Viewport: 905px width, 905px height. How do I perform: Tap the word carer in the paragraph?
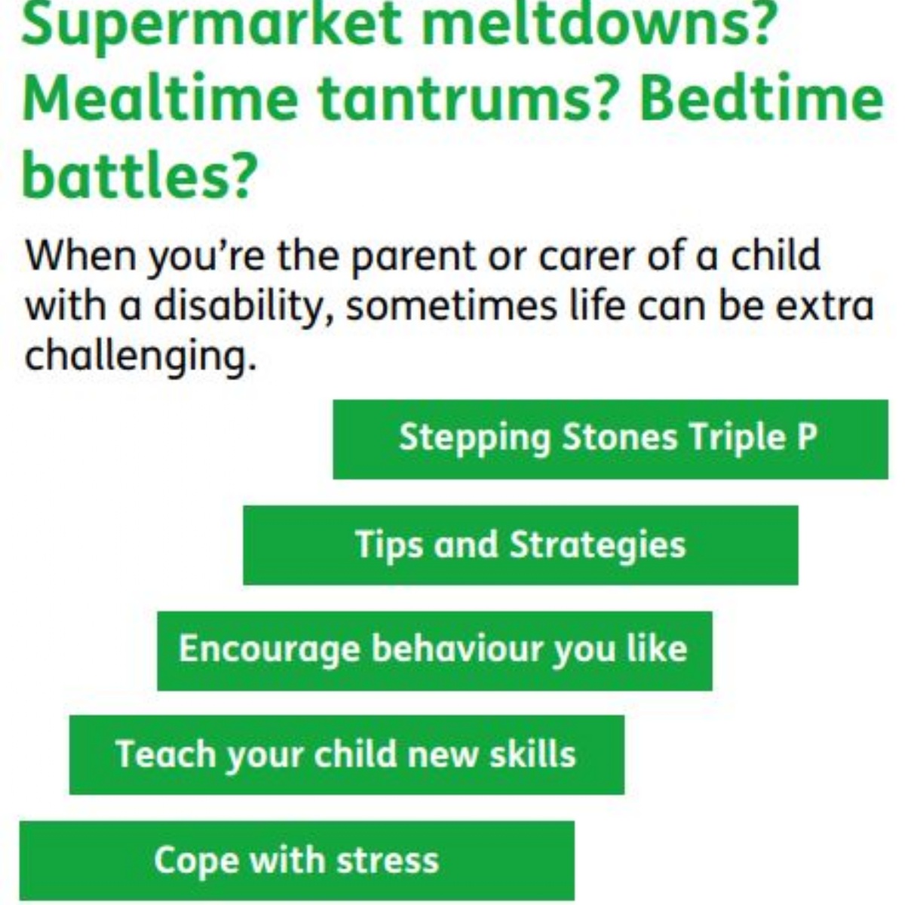(x=589, y=257)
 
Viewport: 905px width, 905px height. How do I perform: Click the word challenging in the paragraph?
(x=136, y=356)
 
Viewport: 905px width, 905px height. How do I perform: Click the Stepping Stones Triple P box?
(x=610, y=439)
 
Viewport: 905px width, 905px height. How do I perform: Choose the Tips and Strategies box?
(x=520, y=545)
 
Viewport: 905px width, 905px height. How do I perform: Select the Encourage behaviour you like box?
(x=434, y=650)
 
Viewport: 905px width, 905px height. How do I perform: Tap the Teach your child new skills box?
(x=347, y=754)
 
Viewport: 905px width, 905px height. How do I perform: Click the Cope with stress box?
(x=296, y=861)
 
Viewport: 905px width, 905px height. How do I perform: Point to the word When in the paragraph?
(x=79, y=256)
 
